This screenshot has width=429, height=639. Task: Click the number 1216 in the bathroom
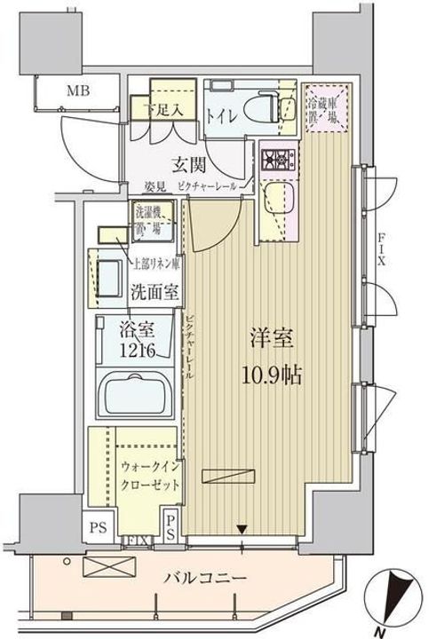click(x=137, y=351)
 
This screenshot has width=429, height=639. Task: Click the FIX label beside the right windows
click(x=381, y=241)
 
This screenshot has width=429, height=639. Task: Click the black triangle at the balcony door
click(x=241, y=531)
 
